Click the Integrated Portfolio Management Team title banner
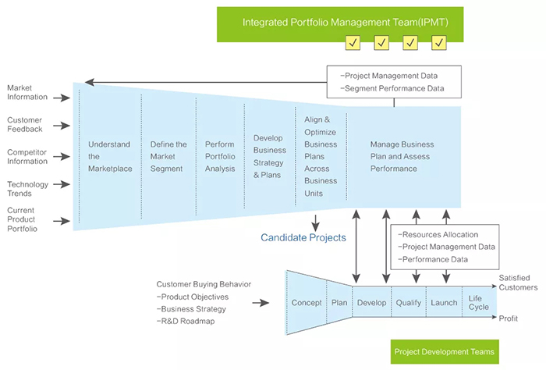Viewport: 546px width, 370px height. coord(340,23)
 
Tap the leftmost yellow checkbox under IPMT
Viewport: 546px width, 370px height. coord(353,43)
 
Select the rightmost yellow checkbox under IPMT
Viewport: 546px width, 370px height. coord(439,43)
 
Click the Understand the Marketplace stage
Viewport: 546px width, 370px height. coord(109,156)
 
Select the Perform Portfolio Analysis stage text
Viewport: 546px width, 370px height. coord(219,156)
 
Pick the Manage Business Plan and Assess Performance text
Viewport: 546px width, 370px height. coord(402,156)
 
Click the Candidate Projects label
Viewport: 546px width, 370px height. coord(303,237)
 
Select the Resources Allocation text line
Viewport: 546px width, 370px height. coord(438,234)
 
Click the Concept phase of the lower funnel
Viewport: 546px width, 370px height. coord(307,302)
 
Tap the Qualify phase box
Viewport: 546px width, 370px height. coord(408,302)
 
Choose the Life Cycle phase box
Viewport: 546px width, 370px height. coord(478,302)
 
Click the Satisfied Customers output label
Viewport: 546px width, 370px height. coord(518,282)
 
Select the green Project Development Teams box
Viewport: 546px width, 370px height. coord(444,351)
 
